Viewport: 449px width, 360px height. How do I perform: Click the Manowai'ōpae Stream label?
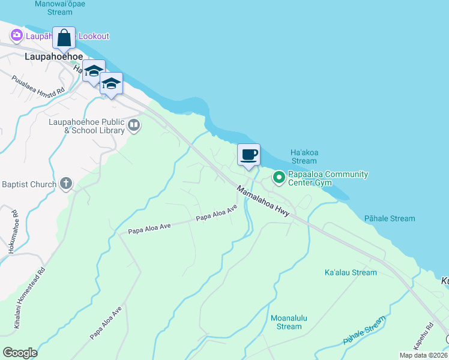[x=62, y=7]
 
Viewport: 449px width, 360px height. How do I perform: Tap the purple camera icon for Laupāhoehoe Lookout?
[x=16, y=36]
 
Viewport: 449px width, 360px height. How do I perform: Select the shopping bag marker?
[x=64, y=38]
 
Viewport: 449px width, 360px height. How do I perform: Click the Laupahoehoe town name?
[x=54, y=56]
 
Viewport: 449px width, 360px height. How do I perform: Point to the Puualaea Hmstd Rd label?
[x=38, y=85]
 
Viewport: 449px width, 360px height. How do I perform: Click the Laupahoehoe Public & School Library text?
[x=86, y=126]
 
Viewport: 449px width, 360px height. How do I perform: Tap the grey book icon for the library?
[x=134, y=126]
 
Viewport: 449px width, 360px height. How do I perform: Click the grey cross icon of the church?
[x=66, y=184]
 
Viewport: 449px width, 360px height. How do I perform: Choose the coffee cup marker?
[x=249, y=155]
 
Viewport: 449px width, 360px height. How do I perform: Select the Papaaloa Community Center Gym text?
[x=327, y=178]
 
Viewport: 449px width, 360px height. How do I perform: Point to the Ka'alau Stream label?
[x=351, y=272]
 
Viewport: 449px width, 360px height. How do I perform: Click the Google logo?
[x=20, y=353]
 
